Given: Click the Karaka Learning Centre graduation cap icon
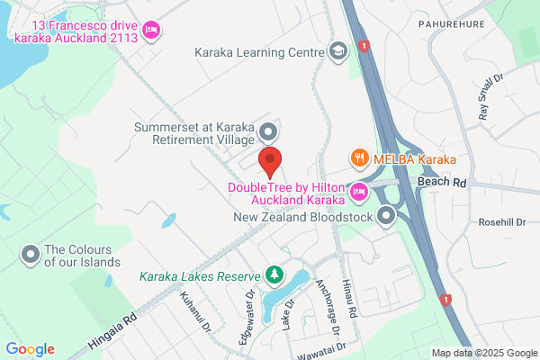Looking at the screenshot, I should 338,51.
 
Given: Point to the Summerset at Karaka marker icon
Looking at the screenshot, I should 268,133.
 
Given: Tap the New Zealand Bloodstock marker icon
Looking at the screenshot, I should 387,216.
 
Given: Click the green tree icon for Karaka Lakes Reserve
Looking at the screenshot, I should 273,274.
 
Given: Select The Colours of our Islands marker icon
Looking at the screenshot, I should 31,256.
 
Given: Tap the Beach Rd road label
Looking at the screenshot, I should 442,182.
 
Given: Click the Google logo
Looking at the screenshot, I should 30,349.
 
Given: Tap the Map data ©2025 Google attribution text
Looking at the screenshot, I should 483,353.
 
